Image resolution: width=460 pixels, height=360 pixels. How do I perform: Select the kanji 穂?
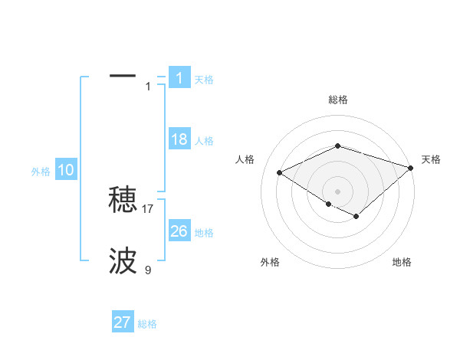point(123,201)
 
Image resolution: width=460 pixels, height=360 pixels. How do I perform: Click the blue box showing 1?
point(179,78)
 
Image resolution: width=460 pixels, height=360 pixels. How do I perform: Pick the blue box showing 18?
point(179,140)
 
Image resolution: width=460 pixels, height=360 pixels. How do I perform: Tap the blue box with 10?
point(66,171)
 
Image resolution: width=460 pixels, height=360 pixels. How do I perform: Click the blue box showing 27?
point(123,322)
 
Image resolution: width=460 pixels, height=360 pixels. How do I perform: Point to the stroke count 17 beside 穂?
point(148,208)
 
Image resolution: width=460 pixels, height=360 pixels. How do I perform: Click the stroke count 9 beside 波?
point(148,270)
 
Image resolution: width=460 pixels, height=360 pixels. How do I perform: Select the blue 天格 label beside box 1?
point(204,80)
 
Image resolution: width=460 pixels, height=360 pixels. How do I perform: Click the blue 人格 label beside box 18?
point(204,141)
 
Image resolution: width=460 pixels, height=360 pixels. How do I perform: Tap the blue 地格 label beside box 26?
point(204,233)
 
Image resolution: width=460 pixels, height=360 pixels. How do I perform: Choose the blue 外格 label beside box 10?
point(41,172)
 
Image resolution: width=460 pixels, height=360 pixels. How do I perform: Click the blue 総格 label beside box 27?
point(147,323)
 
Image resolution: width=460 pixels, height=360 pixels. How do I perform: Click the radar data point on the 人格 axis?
point(280,173)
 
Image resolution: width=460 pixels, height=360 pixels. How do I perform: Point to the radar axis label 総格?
point(337,100)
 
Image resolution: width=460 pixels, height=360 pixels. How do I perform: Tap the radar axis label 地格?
point(402,262)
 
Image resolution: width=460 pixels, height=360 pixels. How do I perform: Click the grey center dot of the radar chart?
point(337,191)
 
